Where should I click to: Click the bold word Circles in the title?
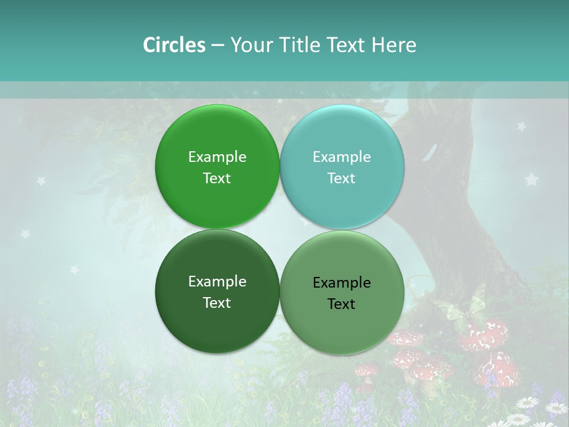[174, 45]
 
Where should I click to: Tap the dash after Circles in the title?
[218, 46]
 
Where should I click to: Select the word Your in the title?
[250, 45]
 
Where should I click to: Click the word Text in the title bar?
[347, 45]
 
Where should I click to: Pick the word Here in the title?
[394, 45]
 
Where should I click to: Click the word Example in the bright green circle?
[217, 157]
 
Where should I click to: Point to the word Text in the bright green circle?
[217, 179]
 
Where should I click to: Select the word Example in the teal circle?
[341, 157]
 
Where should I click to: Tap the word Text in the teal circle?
[341, 179]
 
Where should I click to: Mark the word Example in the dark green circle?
[217, 282]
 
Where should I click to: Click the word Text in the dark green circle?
[217, 303]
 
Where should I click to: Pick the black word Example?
[341, 283]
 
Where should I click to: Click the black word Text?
[341, 304]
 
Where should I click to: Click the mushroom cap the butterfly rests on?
[483, 335]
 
